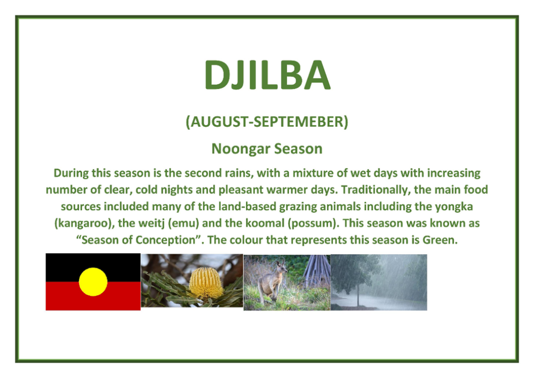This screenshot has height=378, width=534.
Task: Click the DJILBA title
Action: click(267, 75)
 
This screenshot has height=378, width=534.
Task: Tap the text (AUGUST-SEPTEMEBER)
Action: click(267, 122)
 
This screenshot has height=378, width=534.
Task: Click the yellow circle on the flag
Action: click(93, 282)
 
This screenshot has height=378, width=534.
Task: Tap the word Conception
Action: click(165, 240)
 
